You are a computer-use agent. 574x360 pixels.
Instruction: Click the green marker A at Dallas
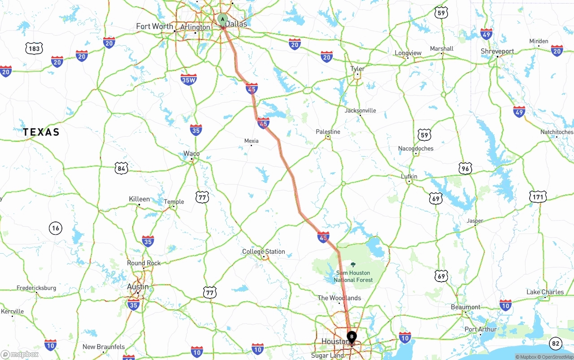223,20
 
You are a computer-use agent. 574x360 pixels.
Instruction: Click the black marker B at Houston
352,336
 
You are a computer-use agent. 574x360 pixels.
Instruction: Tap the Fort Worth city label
155,26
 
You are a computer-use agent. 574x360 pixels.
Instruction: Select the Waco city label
191,154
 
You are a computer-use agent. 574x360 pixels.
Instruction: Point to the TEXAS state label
41,132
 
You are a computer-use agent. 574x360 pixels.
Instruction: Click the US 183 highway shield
34,48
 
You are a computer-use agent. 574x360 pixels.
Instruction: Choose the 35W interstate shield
189,80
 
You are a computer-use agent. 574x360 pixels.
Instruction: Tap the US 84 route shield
121,169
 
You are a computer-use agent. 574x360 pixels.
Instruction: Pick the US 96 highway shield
465,169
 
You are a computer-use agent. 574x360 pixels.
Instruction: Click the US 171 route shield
538,197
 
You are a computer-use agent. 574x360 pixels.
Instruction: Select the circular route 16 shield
55,228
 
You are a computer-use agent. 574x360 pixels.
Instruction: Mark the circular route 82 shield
556,343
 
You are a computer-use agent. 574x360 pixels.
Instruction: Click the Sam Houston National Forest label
353,276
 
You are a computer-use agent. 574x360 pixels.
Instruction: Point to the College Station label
264,252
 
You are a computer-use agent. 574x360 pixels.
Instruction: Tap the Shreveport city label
497,52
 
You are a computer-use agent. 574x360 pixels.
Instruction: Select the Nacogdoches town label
416,148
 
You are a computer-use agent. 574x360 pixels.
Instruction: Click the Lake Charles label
545,292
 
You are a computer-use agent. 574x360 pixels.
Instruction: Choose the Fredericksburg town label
36,288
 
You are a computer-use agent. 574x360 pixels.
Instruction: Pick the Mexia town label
251,141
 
